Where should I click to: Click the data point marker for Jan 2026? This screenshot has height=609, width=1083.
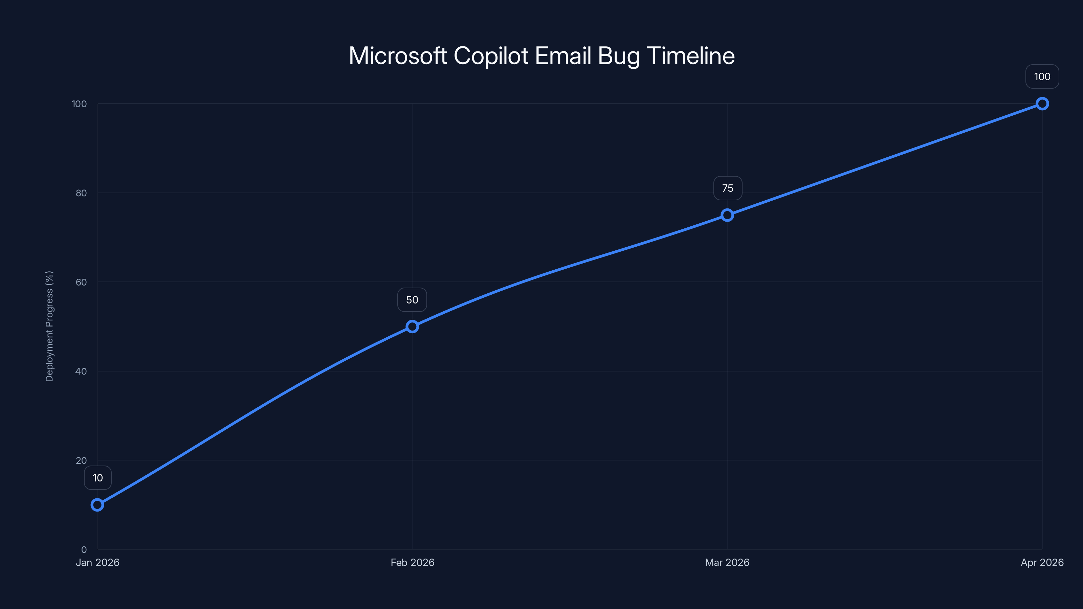(x=97, y=505)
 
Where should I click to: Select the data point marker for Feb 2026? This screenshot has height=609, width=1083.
(x=412, y=326)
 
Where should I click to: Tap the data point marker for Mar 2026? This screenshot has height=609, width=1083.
(x=727, y=215)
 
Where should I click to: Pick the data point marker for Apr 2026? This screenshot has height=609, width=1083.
(x=1042, y=104)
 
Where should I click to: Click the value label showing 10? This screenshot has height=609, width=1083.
(x=97, y=478)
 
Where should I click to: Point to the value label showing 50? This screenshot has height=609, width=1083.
(x=412, y=300)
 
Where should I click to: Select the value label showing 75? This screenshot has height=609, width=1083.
(x=727, y=188)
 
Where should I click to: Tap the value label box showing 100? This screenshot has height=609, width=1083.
(x=1042, y=76)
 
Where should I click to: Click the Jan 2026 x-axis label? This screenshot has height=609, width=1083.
(x=97, y=562)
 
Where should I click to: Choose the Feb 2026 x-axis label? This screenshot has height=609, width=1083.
(x=412, y=562)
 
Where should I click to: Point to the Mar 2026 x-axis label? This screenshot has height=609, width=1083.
(x=727, y=562)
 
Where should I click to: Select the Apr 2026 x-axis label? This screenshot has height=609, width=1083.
(x=1042, y=562)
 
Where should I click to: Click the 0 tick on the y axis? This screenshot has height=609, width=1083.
(x=84, y=549)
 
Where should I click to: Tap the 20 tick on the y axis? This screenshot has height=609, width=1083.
(x=81, y=460)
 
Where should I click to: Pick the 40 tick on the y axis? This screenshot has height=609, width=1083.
(x=81, y=371)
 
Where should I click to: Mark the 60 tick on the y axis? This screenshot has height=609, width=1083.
(x=81, y=282)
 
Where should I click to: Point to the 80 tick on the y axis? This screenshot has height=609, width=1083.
(x=81, y=193)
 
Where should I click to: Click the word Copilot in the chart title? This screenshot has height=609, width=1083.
(x=491, y=56)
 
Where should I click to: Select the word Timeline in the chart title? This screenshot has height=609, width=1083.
(x=690, y=56)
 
